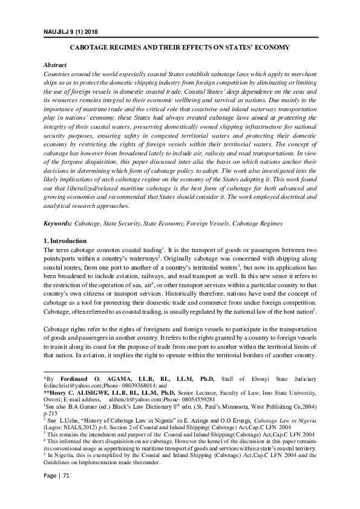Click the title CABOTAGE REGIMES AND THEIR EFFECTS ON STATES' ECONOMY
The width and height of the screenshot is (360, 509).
click(x=179, y=47)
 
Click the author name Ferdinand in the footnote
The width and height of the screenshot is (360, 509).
click(x=82, y=377)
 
